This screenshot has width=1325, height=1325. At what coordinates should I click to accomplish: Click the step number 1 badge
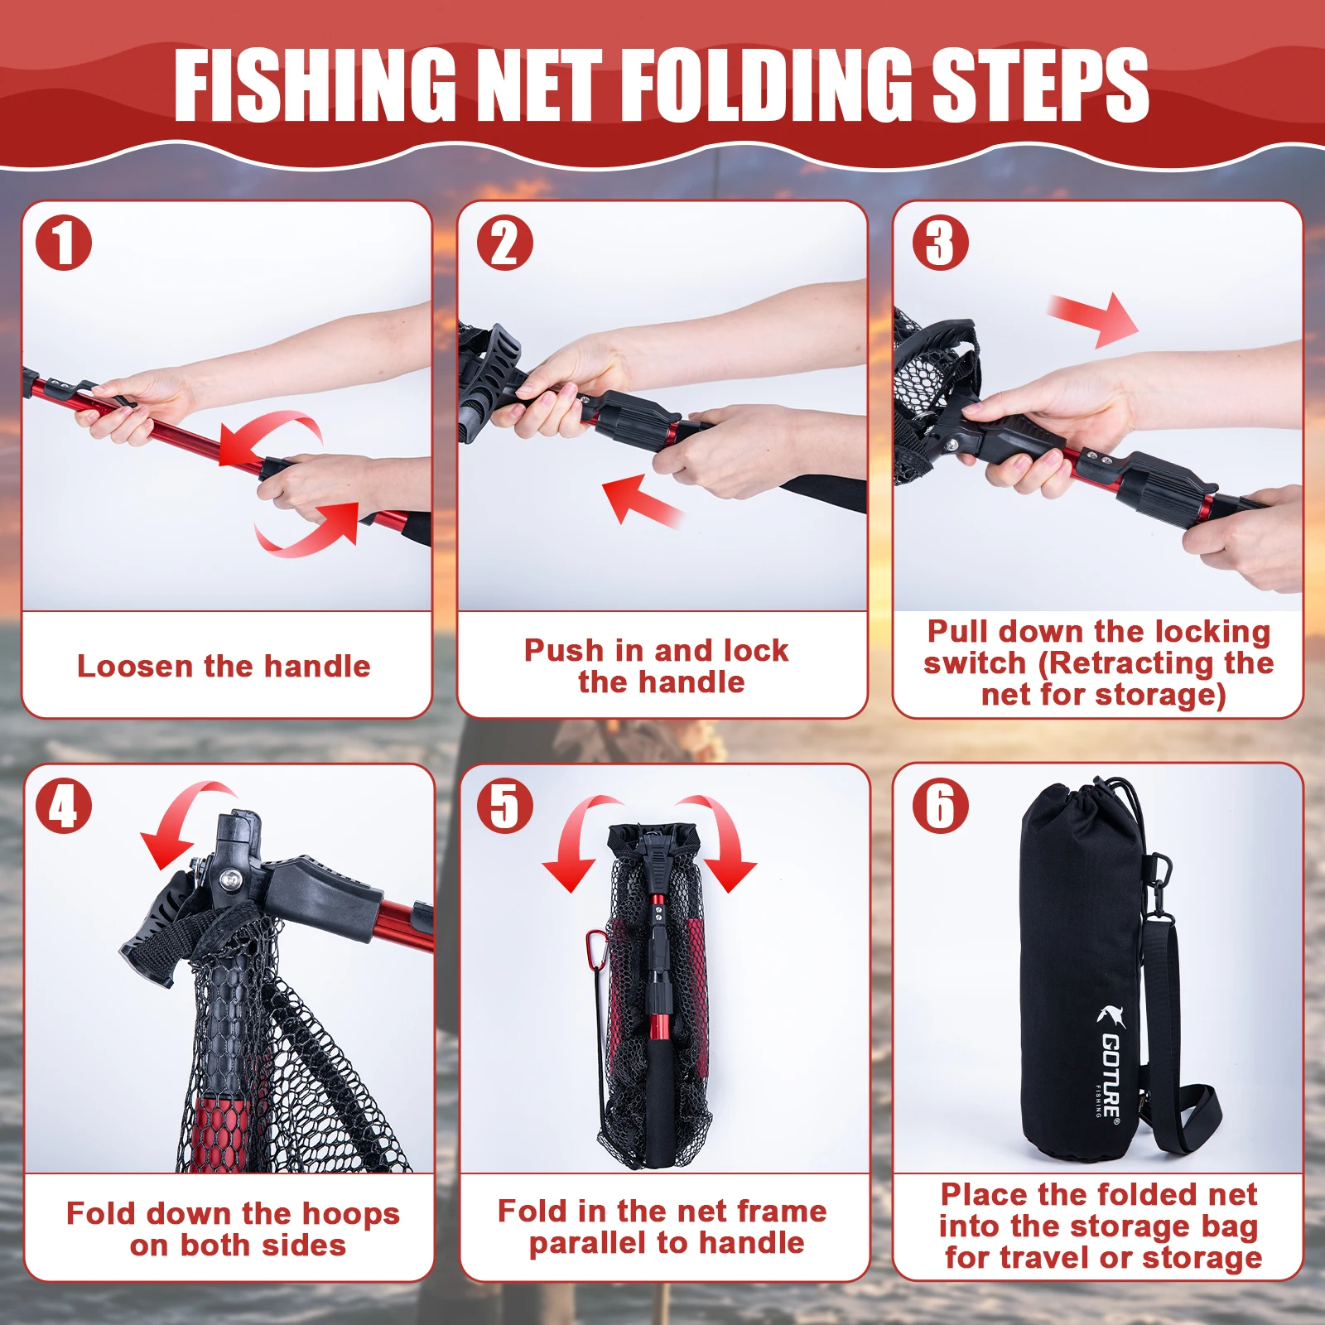[63, 243]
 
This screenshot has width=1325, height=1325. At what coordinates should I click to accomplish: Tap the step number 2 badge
[505, 243]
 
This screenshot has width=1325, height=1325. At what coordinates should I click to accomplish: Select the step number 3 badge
[941, 243]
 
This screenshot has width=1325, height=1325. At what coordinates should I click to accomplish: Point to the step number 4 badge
[63, 806]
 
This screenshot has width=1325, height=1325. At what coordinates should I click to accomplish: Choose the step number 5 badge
[505, 806]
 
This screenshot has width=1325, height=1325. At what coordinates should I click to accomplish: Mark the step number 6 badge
[941, 806]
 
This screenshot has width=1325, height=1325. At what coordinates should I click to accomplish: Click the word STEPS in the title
[1040, 85]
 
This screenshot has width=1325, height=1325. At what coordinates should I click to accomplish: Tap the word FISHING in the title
[315, 85]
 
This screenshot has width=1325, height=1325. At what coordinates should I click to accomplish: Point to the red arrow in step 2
[642, 499]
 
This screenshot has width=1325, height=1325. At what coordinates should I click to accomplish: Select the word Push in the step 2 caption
[564, 650]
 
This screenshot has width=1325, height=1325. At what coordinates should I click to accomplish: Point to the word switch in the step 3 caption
[975, 662]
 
